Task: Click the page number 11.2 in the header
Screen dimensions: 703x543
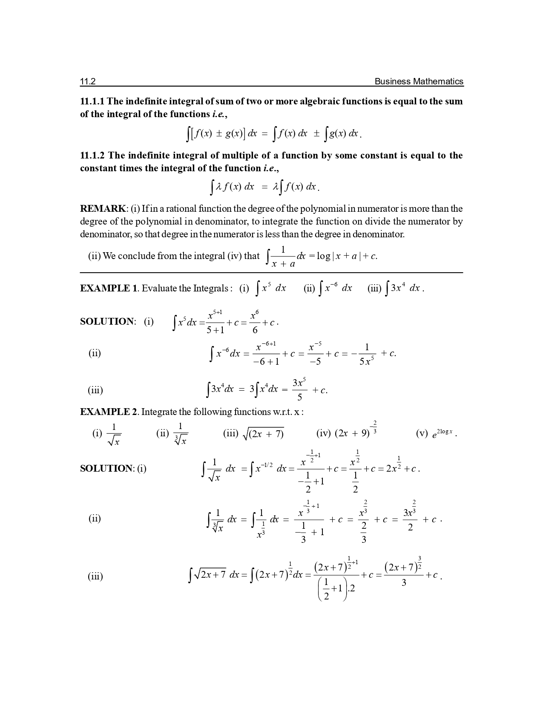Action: click(x=87, y=81)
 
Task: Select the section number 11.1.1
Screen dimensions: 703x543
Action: click(x=92, y=101)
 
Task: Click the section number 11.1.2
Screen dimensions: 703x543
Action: click(x=92, y=156)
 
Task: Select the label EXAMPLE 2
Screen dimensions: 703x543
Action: click(x=109, y=412)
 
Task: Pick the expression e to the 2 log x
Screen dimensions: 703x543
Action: click(x=443, y=434)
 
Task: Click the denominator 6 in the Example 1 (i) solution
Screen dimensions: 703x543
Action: click(x=255, y=330)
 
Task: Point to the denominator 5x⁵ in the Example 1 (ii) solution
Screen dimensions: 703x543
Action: click(x=366, y=361)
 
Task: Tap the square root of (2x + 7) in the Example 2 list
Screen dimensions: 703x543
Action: click(x=263, y=434)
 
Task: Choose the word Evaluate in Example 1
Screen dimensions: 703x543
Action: click(x=159, y=288)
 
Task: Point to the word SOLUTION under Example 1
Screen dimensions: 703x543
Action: click(x=106, y=322)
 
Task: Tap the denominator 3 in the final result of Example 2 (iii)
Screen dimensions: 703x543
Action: click(x=404, y=582)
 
